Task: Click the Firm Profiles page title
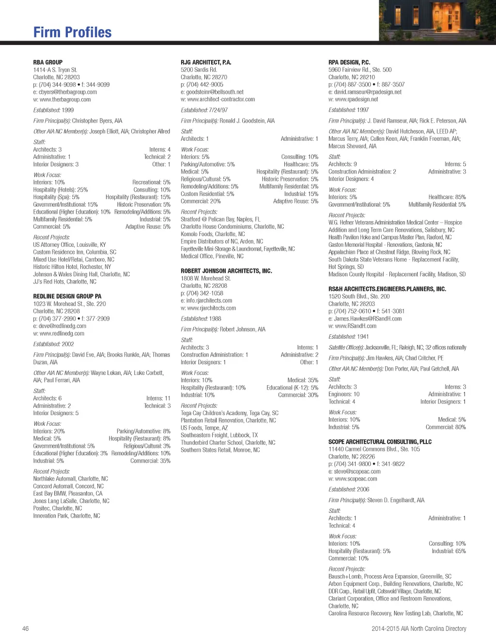[72, 32]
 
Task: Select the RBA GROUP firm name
[47, 62]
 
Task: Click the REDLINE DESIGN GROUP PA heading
[67, 296]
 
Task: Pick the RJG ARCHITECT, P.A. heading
[206, 62]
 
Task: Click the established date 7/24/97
[218, 110]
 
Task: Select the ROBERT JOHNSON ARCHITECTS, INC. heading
[226, 271]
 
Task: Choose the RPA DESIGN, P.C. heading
[349, 62]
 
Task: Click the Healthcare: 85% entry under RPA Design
[447, 197]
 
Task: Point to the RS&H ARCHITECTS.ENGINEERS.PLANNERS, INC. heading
[387, 289]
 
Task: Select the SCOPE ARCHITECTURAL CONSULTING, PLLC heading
[380, 442]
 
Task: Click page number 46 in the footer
[26, 628]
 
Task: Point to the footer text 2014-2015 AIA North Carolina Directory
[418, 628]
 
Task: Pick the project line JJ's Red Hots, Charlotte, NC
[64, 282]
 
